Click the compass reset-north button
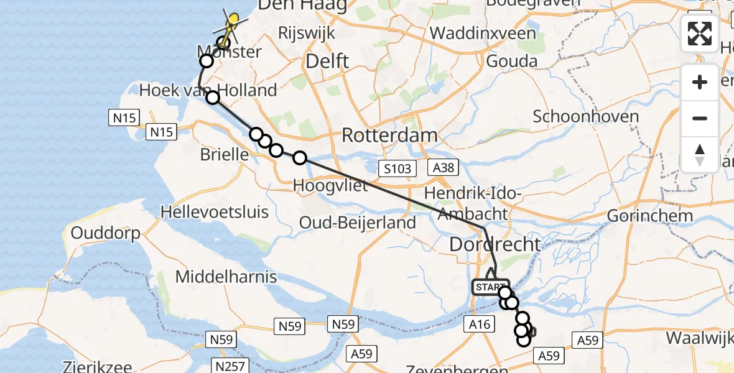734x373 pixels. click(x=700, y=154)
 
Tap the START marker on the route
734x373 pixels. click(x=490, y=287)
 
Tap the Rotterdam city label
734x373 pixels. click(x=390, y=135)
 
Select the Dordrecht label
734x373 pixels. click(x=495, y=244)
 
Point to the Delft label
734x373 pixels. click(x=328, y=62)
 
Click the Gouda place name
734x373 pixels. click(x=511, y=61)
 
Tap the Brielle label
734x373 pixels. click(x=225, y=154)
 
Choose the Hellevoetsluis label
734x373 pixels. click(x=215, y=211)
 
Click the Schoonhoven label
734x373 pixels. click(x=585, y=116)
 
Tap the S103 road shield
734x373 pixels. click(x=397, y=168)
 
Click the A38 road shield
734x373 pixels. click(x=442, y=167)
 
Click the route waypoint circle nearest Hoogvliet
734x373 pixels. click(x=300, y=158)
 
